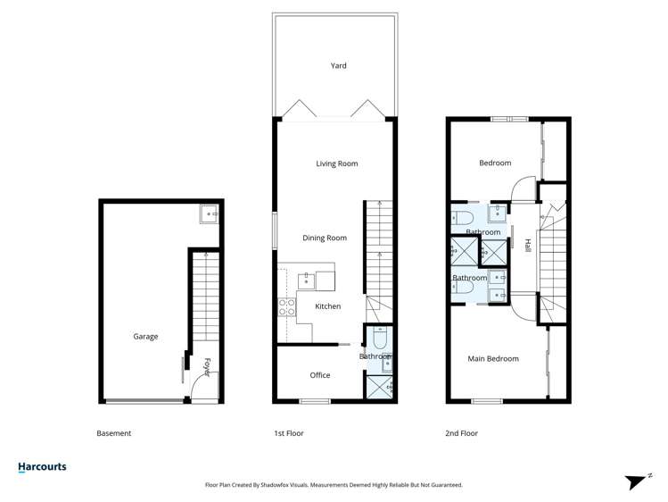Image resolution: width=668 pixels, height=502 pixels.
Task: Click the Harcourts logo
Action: click(42, 466)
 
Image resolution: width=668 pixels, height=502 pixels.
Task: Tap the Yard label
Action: click(338, 65)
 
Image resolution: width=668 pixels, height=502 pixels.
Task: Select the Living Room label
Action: click(337, 163)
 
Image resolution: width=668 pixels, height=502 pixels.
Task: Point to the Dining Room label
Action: click(325, 238)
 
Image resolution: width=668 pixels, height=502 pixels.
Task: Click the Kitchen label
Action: click(328, 306)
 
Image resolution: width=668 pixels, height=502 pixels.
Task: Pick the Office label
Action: click(320, 375)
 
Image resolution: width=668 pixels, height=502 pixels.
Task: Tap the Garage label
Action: click(145, 337)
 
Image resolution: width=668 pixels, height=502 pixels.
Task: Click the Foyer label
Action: click(206, 367)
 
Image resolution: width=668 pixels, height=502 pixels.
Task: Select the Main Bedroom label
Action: click(493, 359)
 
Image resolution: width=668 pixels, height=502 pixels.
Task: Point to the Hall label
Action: click(528, 246)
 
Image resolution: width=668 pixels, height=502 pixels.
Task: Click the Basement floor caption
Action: click(113, 433)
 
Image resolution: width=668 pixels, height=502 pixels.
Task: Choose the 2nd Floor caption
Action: click(461, 433)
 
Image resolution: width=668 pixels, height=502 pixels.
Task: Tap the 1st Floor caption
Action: click(288, 433)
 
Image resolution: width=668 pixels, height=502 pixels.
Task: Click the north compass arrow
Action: click(636, 481)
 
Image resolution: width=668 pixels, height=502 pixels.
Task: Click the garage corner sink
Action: click(209, 214)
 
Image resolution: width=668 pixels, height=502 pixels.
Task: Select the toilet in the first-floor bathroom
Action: click(381, 339)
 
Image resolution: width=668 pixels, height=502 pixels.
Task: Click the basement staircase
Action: click(202, 295)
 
